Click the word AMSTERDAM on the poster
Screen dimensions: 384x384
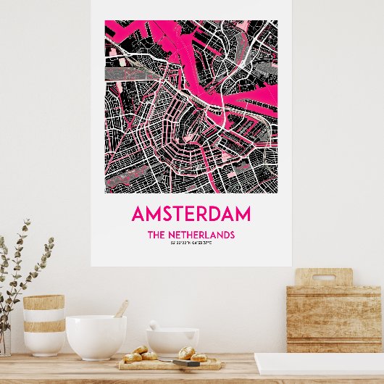click(x=191, y=214)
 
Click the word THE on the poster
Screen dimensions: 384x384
click(x=157, y=235)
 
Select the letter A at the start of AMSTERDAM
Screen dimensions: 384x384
click(x=138, y=214)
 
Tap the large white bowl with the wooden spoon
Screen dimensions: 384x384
click(x=96, y=337)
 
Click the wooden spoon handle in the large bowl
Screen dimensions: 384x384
click(x=122, y=309)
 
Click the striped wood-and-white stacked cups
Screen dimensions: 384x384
click(x=43, y=324)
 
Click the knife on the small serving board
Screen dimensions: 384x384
click(x=185, y=362)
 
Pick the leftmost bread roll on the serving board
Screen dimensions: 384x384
click(x=133, y=357)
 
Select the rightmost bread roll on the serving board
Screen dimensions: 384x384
click(x=199, y=356)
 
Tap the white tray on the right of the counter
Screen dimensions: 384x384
click(x=319, y=363)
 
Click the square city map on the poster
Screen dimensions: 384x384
click(x=191, y=107)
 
